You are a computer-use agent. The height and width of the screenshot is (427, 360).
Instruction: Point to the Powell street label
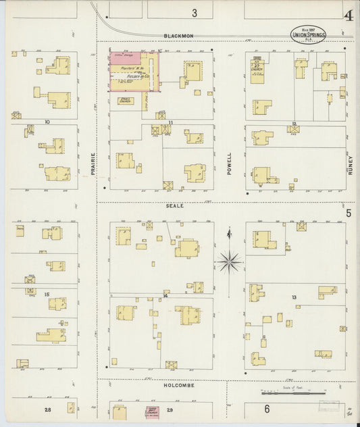pyautogui.click(x=230, y=164)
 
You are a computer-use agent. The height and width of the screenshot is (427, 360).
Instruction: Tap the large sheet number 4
pyautogui.click(x=349, y=16)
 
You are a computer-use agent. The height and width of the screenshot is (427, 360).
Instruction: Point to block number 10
pyautogui.click(x=47, y=122)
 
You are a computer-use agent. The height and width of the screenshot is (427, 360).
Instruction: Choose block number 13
pyautogui.click(x=294, y=297)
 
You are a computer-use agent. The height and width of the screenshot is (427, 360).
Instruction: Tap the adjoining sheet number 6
pyautogui.click(x=267, y=409)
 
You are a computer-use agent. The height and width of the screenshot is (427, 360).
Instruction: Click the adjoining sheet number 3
pyautogui.click(x=195, y=12)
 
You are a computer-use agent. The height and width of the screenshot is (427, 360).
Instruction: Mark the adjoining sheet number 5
pyautogui.click(x=349, y=214)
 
